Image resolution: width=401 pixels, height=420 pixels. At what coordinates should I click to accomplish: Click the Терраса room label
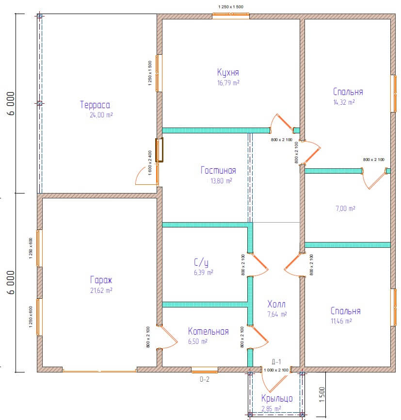coord(95,105)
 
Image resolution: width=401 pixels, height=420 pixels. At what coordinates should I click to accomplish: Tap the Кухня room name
coord(228,72)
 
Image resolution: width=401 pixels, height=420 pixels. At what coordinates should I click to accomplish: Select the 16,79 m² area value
coord(228,83)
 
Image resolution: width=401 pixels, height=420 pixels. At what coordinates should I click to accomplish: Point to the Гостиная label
coord(218,170)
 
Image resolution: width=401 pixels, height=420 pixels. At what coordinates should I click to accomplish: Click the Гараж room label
coord(101,280)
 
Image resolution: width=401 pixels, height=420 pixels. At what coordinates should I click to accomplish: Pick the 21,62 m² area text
coord(101,291)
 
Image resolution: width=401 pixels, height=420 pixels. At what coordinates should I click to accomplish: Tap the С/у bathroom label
coord(201,262)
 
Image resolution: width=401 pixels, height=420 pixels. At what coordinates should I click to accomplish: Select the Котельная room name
coord(209,331)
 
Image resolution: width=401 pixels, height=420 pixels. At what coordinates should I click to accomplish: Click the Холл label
coord(276,304)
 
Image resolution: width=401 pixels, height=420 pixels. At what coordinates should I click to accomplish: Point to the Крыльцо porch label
coord(277,398)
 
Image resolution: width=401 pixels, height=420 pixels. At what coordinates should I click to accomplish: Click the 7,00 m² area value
coord(346,209)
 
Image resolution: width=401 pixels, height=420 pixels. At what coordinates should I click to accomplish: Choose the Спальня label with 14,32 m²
coord(348,92)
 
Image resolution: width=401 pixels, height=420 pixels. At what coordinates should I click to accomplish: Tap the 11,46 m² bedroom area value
coord(341,321)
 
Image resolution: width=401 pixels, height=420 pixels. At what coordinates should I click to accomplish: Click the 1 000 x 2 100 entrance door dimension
coord(276,370)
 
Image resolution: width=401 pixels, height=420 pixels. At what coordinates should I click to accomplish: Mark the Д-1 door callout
coord(276,362)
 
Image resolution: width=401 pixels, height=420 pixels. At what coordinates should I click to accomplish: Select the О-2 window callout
coord(205,379)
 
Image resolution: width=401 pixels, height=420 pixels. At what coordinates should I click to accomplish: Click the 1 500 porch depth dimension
coord(322,395)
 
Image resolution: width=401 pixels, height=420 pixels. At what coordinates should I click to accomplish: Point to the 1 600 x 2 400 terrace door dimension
coord(150,163)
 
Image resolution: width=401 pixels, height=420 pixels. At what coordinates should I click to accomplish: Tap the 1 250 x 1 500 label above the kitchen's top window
coord(231,7)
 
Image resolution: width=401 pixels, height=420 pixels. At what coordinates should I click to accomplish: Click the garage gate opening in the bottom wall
coord(100,371)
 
